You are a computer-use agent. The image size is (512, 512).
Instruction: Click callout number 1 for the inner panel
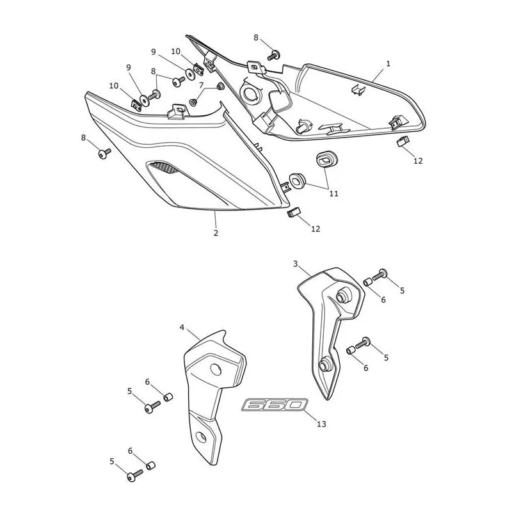pyautogui.click(x=388, y=64)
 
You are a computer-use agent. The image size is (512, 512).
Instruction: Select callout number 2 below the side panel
pyautogui.click(x=216, y=233)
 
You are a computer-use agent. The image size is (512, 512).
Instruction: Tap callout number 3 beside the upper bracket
pyautogui.click(x=295, y=264)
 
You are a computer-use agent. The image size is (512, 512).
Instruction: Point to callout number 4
pyautogui.click(x=182, y=327)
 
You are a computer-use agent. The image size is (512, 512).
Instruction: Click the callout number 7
pyautogui.click(x=202, y=85)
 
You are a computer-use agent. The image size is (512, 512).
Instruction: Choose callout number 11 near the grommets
pyautogui.click(x=333, y=194)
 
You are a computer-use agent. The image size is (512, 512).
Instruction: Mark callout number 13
pyautogui.click(x=322, y=424)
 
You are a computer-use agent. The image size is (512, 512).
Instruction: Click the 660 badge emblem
pyautogui.click(x=275, y=405)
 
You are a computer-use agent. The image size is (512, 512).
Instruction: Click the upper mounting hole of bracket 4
pyautogui.click(x=216, y=370)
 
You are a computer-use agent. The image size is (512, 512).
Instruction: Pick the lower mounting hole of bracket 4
pyautogui.click(x=200, y=437)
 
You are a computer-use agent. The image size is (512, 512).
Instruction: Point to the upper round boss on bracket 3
pyautogui.click(x=342, y=296)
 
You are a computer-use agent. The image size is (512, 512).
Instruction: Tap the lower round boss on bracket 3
pyautogui.click(x=325, y=365)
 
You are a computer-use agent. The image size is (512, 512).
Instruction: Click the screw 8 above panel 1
pyautogui.click(x=274, y=56)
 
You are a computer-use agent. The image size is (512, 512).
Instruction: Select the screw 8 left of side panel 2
pyautogui.click(x=104, y=153)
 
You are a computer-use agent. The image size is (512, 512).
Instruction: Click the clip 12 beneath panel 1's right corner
pyautogui.click(x=403, y=141)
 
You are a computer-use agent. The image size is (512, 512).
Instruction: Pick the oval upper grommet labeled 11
pyautogui.click(x=324, y=158)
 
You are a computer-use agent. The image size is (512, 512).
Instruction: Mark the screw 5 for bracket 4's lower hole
pyautogui.click(x=134, y=475)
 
